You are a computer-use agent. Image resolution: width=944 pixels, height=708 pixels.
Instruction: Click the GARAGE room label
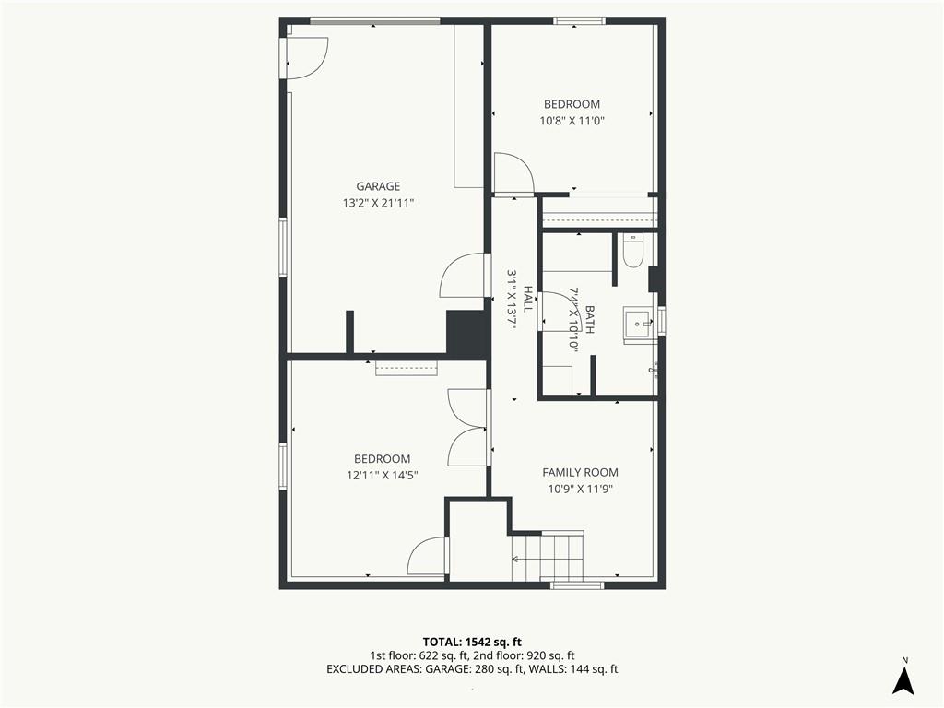[x=378, y=186]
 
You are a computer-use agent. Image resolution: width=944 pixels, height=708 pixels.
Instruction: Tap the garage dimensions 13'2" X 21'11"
[x=378, y=203]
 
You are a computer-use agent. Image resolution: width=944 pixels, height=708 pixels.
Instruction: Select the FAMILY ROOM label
[x=581, y=473]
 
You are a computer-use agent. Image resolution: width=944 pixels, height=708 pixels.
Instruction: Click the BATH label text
[x=589, y=320]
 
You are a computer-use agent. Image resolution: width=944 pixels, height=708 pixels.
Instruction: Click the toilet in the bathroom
[x=633, y=251]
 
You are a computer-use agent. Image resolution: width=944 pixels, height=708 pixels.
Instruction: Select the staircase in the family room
[x=548, y=556]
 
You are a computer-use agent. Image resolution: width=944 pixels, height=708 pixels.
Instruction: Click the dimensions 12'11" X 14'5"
[x=383, y=475]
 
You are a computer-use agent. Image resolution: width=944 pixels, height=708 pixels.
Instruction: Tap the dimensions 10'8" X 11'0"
[x=572, y=121]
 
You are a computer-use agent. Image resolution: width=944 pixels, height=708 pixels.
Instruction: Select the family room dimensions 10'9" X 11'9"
[x=581, y=489]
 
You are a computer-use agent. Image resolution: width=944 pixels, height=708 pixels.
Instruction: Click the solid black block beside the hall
[x=466, y=334]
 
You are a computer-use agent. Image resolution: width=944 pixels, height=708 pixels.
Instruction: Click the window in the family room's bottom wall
[x=577, y=584]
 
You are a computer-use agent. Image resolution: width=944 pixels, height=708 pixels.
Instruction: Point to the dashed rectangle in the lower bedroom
[x=407, y=368]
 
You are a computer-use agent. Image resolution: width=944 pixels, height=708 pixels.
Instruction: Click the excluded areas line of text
[x=472, y=669]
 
